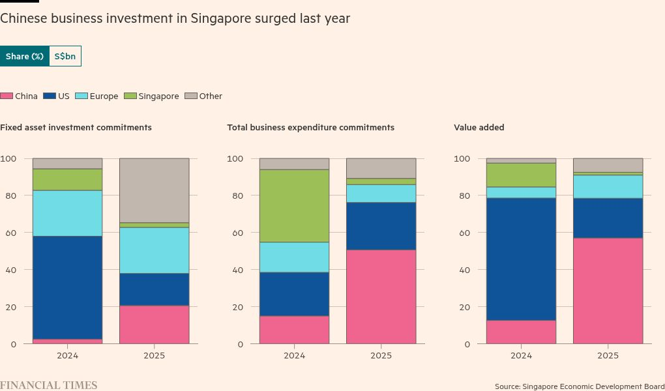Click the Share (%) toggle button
click(x=25, y=57)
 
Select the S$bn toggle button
click(x=65, y=57)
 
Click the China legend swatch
click(x=7, y=96)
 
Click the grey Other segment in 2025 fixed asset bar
click(x=154, y=190)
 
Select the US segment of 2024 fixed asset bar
click(x=67, y=287)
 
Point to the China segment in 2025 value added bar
click(x=608, y=291)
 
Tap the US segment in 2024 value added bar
click(x=521, y=259)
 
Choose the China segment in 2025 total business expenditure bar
click(x=381, y=297)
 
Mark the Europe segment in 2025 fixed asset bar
click(x=154, y=250)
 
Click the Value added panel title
click(x=479, y=128)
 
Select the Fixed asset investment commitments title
click(x=76, y=128)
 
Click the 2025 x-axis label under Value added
click(x=608, y=356)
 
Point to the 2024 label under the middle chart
click(x=294, y=356)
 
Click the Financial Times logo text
click(x=49, y=385)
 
